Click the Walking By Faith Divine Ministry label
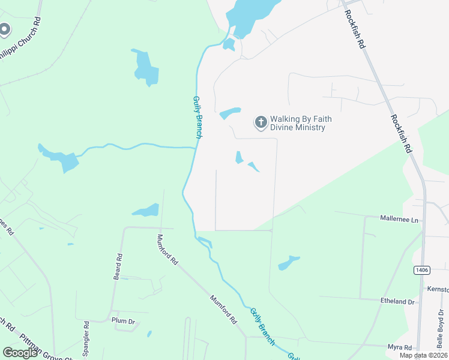tap(300, 123)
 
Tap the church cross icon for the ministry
tap(261, 122)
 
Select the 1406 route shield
tap(421, 271)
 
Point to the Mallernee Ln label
tap(399, 220)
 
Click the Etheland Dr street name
tap(397, 302)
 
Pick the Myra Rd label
tap(399, 347)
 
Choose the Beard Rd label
tap(118, 266)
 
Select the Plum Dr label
tap(124, 320)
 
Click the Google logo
tap(20, 353)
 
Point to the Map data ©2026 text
tap(424, 355)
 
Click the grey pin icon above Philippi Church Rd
tap(5, 29)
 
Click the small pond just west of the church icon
tap(230, 113)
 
